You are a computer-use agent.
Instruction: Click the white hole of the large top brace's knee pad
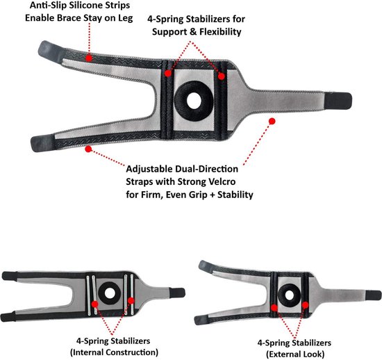point(194,101)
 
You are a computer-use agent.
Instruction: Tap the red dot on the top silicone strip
point(89,58)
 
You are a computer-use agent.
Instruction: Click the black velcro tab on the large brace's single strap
point(338,101)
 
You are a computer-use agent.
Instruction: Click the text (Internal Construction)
point(115,352)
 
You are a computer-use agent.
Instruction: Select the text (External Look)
point(295,354)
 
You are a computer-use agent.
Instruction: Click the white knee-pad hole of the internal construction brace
point(110,293)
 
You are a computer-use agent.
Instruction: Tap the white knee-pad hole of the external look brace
point(290,295)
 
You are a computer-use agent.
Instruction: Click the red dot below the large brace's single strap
point(272,121)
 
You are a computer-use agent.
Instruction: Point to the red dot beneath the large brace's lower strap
point(88,149)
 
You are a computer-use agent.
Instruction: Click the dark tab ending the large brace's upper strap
point(51,52)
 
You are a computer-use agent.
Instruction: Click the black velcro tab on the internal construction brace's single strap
point(177,293)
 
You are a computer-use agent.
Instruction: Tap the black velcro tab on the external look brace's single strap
point(373,295)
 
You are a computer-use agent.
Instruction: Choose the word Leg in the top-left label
point(126,18)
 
